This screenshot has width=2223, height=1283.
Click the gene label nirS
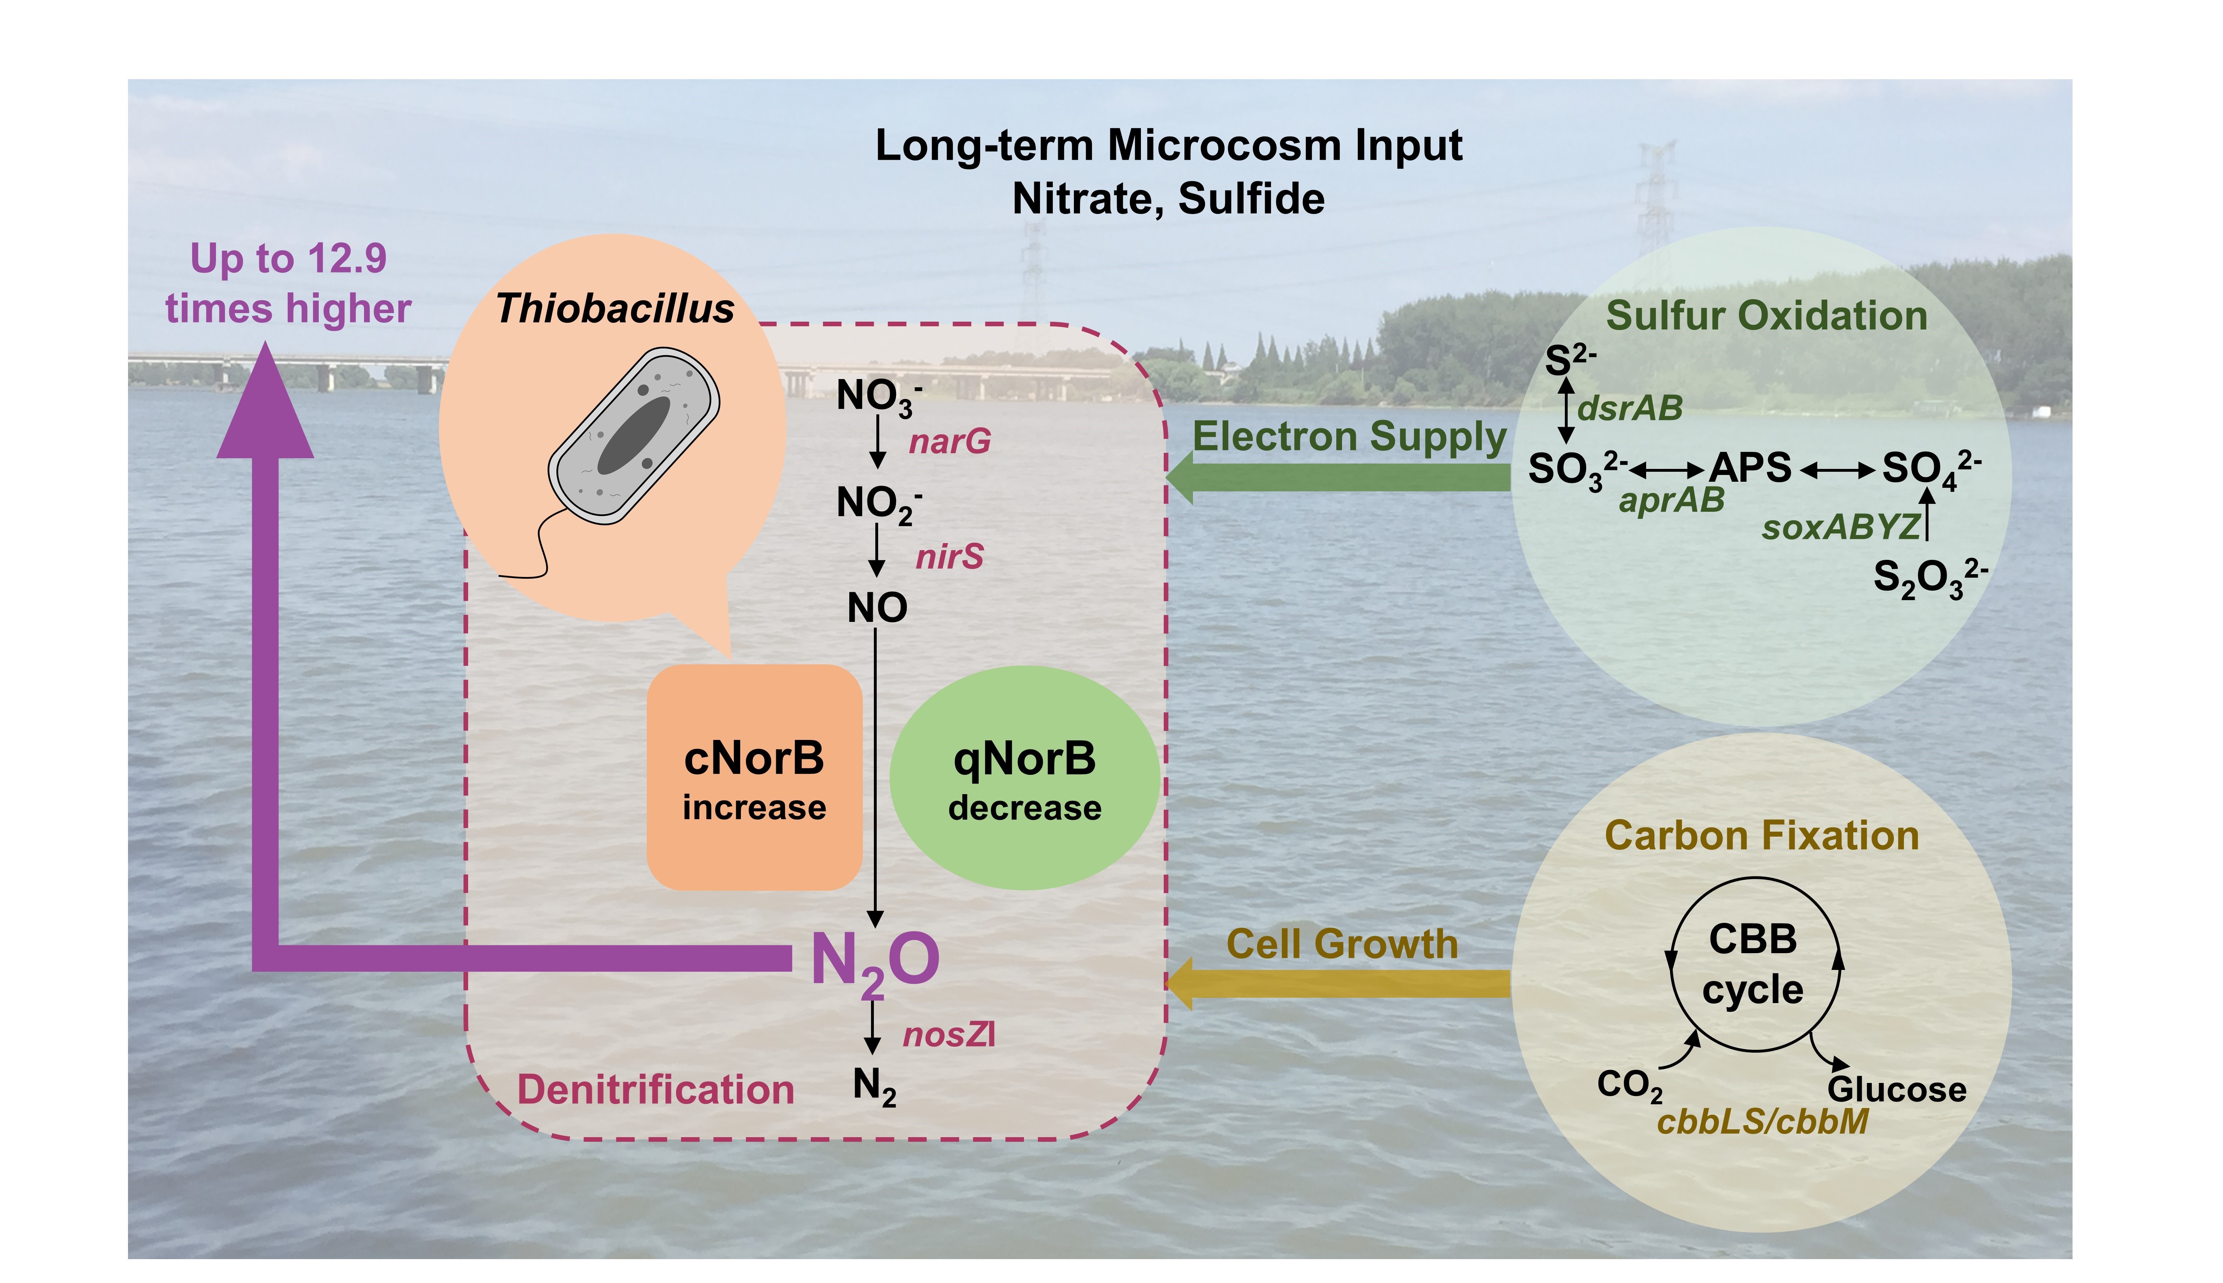tap(949, 557)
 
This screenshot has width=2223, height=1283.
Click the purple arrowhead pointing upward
tap(265, 405)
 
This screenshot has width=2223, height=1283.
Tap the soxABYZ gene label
tap(1840, 527)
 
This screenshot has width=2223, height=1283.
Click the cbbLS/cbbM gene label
tap(1762, 1122)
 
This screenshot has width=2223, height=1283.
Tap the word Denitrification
tap(656, 1090)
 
